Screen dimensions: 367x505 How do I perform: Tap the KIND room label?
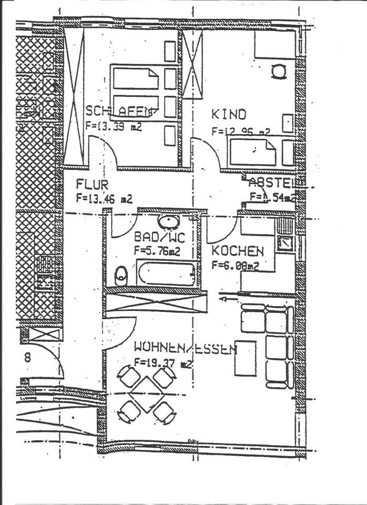[x=229, y=114]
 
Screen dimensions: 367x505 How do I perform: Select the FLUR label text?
[x=92, y=185]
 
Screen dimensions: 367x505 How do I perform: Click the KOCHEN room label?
[x=238, y=251]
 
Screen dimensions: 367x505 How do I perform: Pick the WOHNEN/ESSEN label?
[x=185, y=348]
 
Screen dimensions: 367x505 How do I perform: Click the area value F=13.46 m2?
[x=104, y=198]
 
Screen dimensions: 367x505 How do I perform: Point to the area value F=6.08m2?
[x=235, y=266]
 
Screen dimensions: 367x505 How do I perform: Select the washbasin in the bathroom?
[x=168, y=221]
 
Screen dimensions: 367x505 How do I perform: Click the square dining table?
[x=146, y=394]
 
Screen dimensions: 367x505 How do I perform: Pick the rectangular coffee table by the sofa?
[x=246, y=358]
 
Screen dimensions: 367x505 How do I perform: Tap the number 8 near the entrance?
[x=27, y=358]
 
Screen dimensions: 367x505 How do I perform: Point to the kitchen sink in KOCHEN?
[x=286, y=243]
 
